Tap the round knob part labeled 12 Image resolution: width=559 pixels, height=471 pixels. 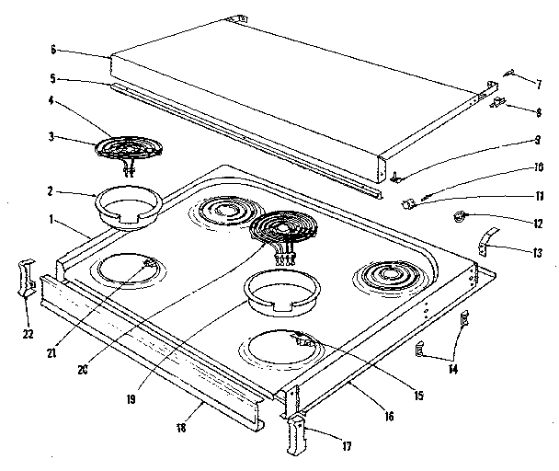(457, 218)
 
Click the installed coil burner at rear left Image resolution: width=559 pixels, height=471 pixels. (221, 212)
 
